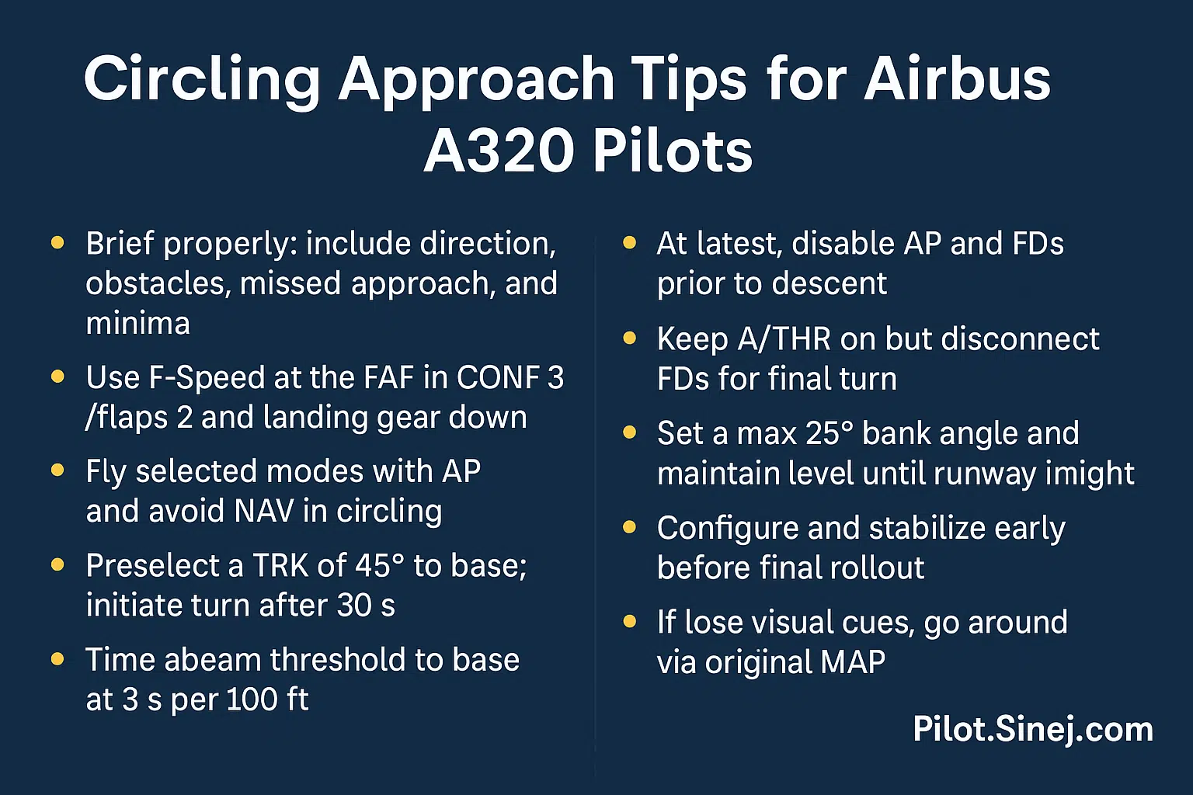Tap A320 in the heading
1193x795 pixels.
[x=497, y=150]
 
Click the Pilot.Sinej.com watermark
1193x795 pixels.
[x=1032, y=730]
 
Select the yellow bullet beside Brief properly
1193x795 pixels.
[x=57, y=243]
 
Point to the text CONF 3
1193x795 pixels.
[x=510, y=378]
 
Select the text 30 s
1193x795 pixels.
[x=366, y=606]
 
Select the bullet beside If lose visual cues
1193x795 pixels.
[x=629, y=621]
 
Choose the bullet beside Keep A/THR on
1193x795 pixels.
[x=629, y=338]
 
